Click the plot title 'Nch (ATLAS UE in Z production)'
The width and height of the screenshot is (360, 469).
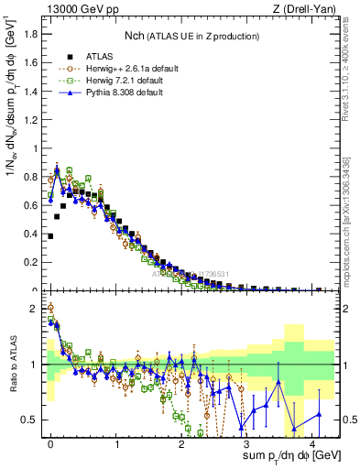[x=191, y=36]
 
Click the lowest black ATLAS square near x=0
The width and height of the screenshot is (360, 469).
[x=50, y=235]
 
